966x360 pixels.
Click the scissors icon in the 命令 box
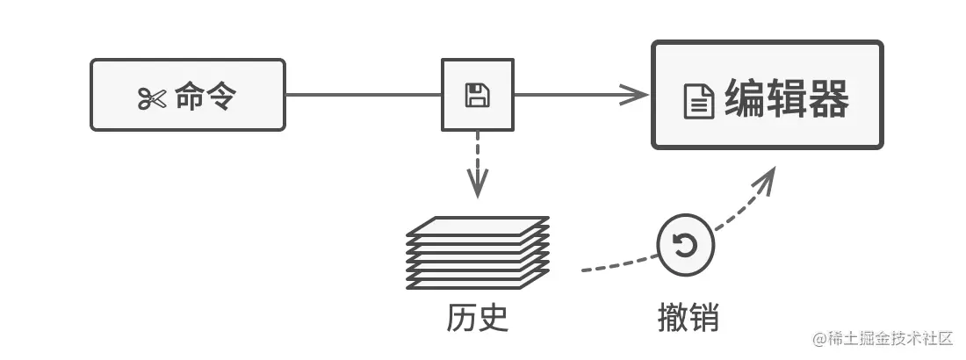click(151, 98)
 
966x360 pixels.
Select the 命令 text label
click(205, 97)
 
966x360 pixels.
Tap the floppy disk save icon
click(477, 95)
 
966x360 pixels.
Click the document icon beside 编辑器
click(699, 103)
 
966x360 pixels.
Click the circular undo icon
click(686, 245)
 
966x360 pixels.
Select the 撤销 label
click(688, 317)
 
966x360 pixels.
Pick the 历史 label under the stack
click(477, 317)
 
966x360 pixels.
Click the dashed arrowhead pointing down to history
click(477, 186)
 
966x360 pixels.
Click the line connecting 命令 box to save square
click(363, 95)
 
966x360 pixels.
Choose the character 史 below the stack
click(493, 317)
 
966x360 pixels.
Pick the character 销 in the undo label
click(703, 317)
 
